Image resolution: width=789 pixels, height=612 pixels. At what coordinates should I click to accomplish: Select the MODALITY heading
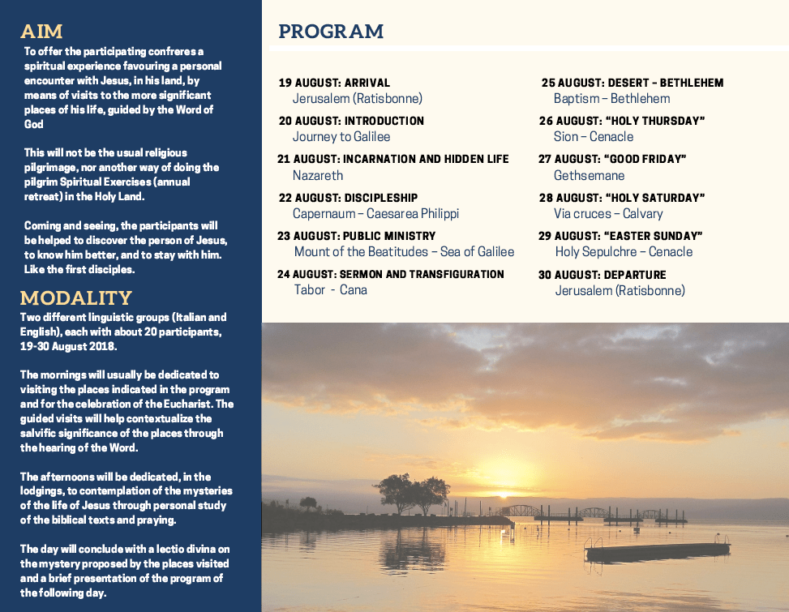tap(75, 297)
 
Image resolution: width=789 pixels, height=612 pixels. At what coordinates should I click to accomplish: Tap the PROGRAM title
tap(331, 32)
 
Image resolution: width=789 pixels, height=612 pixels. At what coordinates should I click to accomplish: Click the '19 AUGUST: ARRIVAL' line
tap(334, 83)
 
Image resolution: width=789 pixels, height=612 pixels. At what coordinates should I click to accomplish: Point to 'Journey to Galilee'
tap(341, 137)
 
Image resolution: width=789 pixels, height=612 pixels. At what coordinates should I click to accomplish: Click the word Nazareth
tap(318, 175)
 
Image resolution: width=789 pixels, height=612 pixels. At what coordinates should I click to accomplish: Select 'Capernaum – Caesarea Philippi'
tap(376, 213)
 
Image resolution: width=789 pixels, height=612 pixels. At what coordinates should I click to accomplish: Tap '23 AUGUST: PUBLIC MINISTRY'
tap(357, 236)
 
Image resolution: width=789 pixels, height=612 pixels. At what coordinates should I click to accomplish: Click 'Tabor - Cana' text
tap(331, 290)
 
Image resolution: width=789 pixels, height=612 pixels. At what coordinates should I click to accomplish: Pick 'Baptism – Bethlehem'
tap(611, 98)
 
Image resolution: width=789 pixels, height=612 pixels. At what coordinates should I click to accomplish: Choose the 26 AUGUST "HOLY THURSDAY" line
tap(622, 121)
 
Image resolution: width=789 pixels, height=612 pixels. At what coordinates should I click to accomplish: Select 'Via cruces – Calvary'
tap(608, 213)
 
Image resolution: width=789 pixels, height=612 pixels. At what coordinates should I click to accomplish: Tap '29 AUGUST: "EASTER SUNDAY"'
tap(620, 236)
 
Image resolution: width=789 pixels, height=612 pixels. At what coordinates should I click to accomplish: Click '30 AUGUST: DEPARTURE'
tap(602, 275)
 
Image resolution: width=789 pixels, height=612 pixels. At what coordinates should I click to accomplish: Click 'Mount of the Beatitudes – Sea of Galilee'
tap(404, 251)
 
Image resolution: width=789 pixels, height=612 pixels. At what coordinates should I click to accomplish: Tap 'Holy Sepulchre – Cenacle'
tap(624, 251)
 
